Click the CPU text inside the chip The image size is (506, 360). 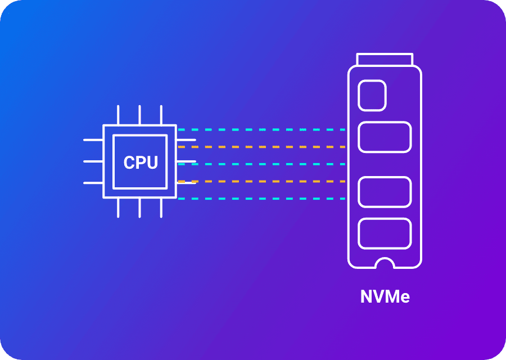click(x=141, y=163)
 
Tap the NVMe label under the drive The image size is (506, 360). click(x=385, y=296)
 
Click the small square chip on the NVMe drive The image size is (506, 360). click(x=372, y=95)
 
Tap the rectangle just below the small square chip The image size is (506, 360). click(x=385, y=137)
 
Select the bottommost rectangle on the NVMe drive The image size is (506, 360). click(x=385, y=234)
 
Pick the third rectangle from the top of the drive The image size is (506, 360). click(x=385, y=191)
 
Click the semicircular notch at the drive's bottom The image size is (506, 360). click(x=385, y=264)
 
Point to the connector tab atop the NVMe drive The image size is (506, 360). click(x=385, y=59)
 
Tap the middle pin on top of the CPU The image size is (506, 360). click(x=140, y=115)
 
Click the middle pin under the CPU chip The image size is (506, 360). click(x=140, y=208)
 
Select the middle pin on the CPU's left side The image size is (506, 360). click(x=93, y=161)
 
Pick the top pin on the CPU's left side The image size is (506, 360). click(x=93, y=139)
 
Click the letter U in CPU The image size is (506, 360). click(x=151, y=163)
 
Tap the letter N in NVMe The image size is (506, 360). click(x=367, y=296)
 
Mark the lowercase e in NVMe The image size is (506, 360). click(x=404, y=298)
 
